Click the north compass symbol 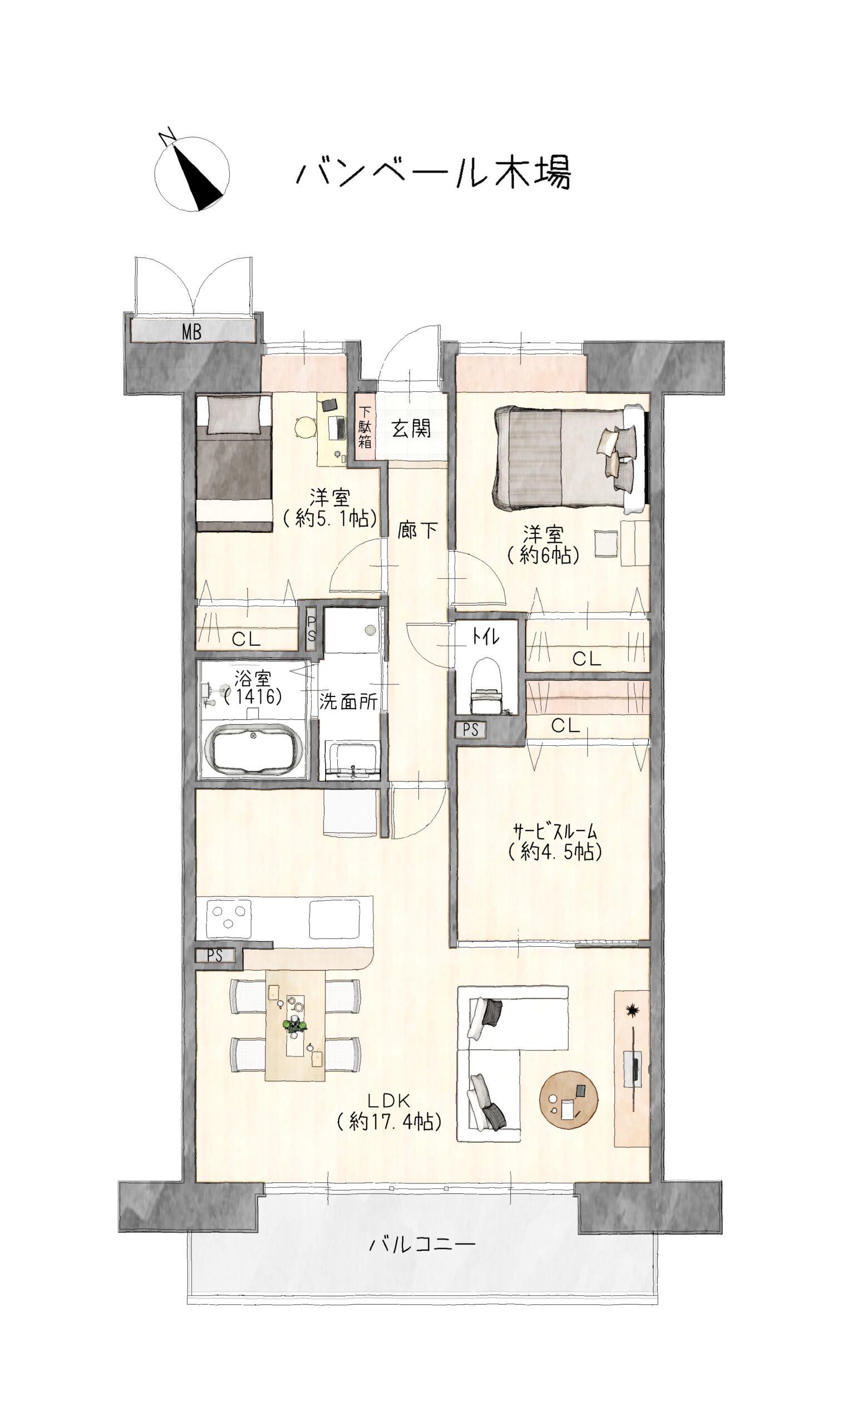click(x=192, y=173)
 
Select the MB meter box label click(x=191, y=331)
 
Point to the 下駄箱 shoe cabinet click(x=365, y=427)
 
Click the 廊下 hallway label click(x=417, y=530)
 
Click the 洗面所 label click(x=348, y=701)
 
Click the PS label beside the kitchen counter click(x=214, y=956)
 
